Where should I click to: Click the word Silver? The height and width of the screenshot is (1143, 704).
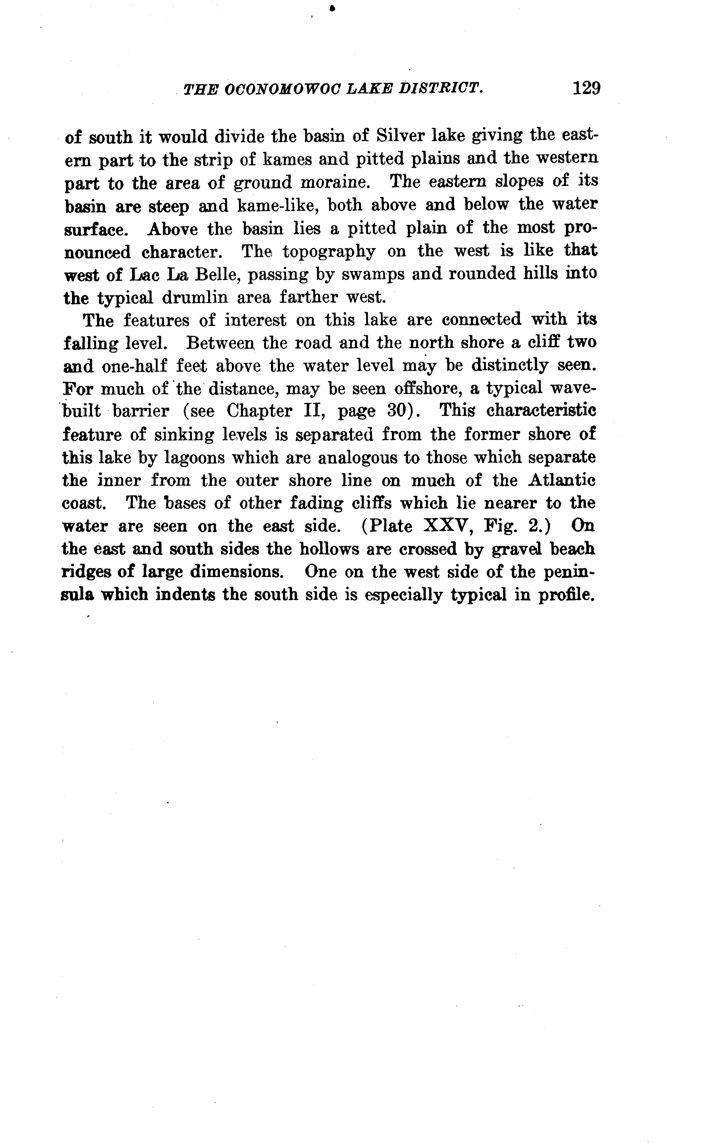point(399,136)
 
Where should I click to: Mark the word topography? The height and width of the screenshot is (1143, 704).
point(329,251)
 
